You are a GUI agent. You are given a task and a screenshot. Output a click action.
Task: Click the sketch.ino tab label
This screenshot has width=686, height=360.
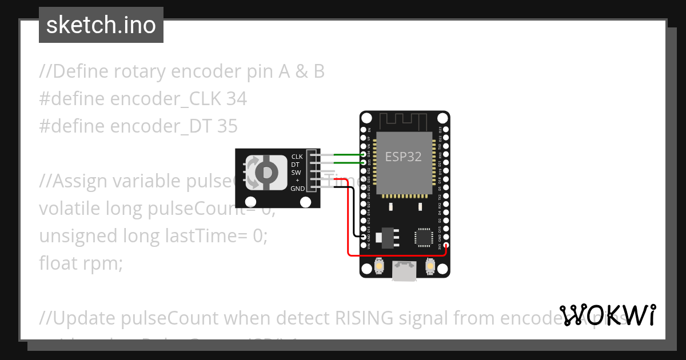101,25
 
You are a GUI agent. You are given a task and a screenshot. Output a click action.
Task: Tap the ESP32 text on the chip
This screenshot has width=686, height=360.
403,157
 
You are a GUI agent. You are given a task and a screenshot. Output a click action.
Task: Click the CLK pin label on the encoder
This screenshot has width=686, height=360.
297,157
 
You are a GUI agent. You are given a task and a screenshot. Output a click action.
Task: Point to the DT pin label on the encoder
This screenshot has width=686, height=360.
296,165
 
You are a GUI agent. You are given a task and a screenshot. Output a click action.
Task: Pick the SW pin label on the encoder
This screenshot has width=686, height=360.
296,173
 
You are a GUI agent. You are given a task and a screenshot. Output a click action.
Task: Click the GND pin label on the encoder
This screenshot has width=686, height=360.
297,189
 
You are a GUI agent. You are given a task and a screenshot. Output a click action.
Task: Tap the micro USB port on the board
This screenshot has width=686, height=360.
405,270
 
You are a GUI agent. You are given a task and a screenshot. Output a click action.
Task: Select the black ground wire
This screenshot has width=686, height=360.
354,211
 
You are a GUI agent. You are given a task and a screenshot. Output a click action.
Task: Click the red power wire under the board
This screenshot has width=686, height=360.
394,255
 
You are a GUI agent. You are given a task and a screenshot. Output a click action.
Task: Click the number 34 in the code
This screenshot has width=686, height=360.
237,99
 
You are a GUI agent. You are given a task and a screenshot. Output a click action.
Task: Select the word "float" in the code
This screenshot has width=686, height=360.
59,263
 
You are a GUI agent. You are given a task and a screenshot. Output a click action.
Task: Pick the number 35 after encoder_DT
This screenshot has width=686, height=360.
227,126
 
